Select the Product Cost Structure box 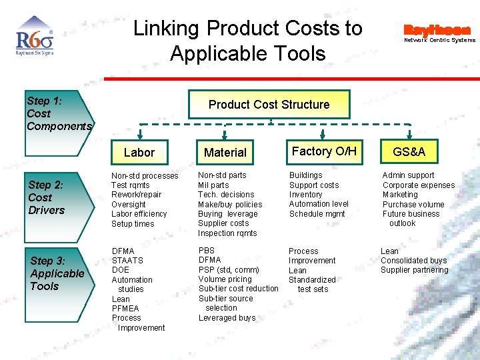click(x=269, y=105)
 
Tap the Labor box click(x=139, y=153)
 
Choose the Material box click(x=225, y=153)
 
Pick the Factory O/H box click(x=324, y=151)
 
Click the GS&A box click(x=409, y=152)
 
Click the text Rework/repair click(x=136, y=195)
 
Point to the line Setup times click(x=133, y=224)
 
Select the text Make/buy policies click(x=230, y=205)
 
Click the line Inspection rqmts click(x=227, y=233)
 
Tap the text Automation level click(x=319, y=204)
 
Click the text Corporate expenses click(x=419, y=185)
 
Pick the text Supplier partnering click(x=415, y=270)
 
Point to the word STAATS click(x=127, y=261)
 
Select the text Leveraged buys click(x=227, y=318)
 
